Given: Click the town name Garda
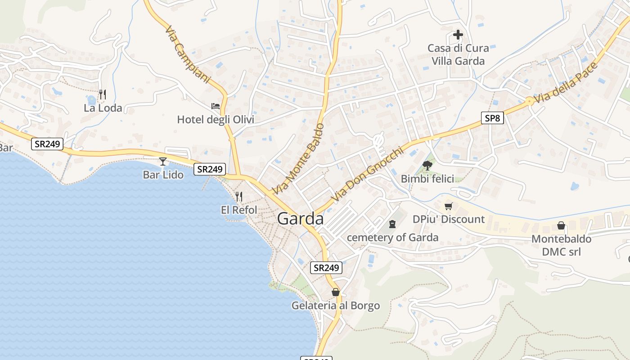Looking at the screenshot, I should [x=300, y=219].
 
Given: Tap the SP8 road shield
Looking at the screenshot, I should [x=492, y=118].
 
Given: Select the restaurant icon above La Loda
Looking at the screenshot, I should [x=103, y=94].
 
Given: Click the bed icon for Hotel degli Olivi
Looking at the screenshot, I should [x=216, y=106].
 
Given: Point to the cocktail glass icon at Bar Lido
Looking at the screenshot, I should [x=163, y=161].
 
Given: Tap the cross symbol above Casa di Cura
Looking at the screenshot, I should [x=458, y=35].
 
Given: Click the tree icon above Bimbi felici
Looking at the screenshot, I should [x=427, y=166].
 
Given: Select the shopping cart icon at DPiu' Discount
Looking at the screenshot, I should [x=448, y=207].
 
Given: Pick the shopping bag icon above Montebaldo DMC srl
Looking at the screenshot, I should [x=561, y=225].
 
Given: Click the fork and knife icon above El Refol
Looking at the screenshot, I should [x=239, y=197].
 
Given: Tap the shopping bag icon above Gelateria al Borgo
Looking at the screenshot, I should [x=335, y=292].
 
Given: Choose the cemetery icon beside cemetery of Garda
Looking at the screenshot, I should [x=392, y=224].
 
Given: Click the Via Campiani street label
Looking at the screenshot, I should [x=188, y=55].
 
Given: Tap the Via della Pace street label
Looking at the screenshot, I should [x=566, y=83].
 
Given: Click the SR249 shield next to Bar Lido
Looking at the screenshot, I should [x=210, y=169].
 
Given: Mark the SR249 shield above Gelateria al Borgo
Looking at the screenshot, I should [x=327, y=268].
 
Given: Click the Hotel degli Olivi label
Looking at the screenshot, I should [x=216, y=120].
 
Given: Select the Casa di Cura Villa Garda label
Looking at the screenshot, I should [x=458, y=54].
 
